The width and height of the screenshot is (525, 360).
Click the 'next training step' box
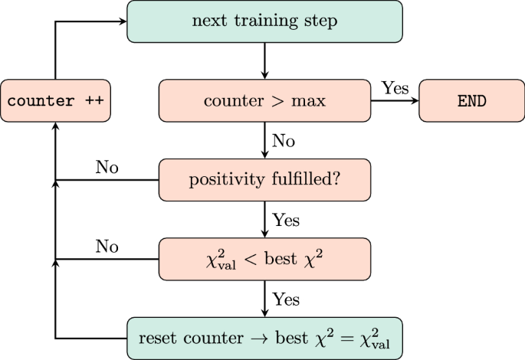[x=264, y=21]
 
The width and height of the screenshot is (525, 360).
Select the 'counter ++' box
[x=55, y=100]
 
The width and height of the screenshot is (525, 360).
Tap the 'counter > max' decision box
[x=264, y=100]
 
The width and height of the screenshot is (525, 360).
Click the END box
[x=471, y=100]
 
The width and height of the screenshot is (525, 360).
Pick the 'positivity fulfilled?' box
[x=264, y=180]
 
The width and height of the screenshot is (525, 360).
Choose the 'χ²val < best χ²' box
[x=264, y=259]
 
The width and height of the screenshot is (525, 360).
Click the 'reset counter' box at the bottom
[x=264, y=338]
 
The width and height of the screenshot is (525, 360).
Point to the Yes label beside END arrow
[x=395, y=88]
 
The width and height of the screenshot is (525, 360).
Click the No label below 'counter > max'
[x=284, y=141]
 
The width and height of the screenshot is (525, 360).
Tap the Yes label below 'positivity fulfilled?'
[x=286, y=220]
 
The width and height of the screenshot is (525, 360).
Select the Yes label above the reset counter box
[x=286, y=299]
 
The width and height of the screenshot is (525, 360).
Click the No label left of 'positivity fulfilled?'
[x=107, y=167]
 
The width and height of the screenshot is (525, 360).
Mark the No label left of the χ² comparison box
[x=107, y=246]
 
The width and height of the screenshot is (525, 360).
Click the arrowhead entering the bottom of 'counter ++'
[x=55, y=126]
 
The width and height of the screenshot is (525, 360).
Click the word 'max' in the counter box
[x=309, y=101]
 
